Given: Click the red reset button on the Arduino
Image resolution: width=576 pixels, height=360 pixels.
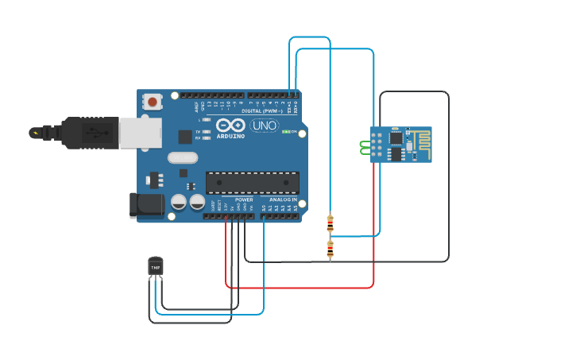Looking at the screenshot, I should pyautogui.click(x=152, y=102).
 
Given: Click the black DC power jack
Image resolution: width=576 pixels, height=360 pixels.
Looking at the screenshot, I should pyautogui.click(x=147, y=205).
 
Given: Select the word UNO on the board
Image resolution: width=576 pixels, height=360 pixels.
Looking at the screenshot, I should pyautogui.click(x=264, y=126).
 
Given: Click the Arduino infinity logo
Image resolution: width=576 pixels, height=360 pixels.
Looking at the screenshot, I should pyautogui.click(x=230, y=125).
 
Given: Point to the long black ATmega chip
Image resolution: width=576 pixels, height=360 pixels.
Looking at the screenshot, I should pyautogui.click(x=253, y=182).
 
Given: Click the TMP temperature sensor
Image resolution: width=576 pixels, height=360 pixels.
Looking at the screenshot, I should pyautogui.click(x=156, y=268).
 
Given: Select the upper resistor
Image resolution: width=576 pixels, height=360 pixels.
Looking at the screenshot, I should pyautogui.click(x=330, y=223).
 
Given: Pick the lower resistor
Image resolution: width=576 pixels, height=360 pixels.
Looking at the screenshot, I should pyautogui.click(x=330, y=250).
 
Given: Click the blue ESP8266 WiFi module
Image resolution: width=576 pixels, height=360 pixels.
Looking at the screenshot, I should pyautogui.click(x=400, y=144).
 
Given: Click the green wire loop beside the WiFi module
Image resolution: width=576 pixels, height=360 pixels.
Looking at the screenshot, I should pyautogui.click(x=365, y=147).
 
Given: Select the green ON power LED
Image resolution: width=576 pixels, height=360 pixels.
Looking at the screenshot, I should pyautogui.click(x=286, y=131).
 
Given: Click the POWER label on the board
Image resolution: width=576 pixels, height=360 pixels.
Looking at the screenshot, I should pyautogui.click(x=244, y=199).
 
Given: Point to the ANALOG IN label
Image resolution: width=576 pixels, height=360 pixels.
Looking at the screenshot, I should pyautogui.click(x=283, y=199).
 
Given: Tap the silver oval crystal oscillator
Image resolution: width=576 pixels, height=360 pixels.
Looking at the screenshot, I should pyautogui.click(x=183, y=157).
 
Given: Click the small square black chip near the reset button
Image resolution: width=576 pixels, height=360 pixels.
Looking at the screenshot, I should pyautogui.click(x=185, y=136).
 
